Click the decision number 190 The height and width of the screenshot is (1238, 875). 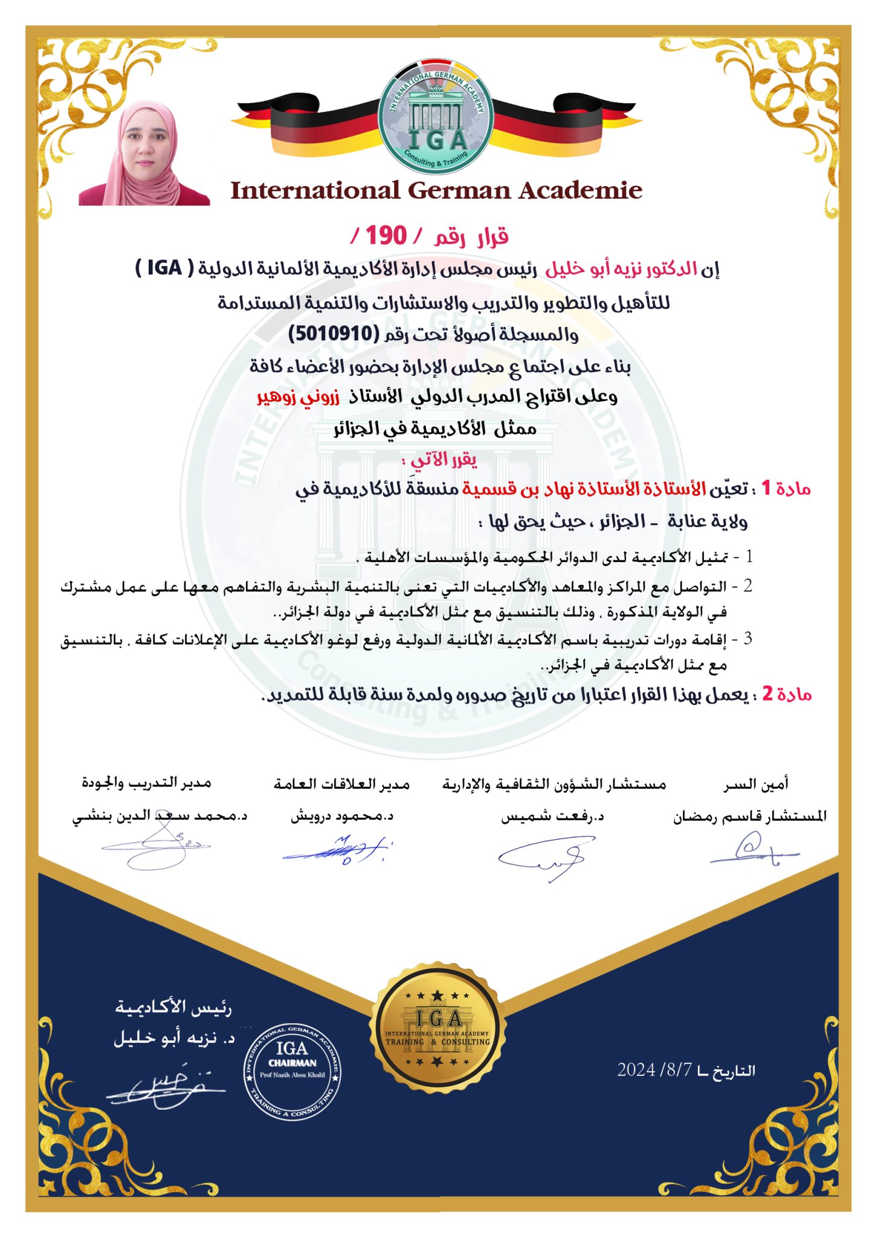click(x=386, y=236)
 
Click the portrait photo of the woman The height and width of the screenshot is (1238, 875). click(x=145, y=154)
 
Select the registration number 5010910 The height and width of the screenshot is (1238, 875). click(x=333, y=333)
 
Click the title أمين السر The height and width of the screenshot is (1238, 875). click(x=756, y=784)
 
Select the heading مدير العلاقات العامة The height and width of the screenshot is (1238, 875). click(x=341, y=784)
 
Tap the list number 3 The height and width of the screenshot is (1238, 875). click(x=747, y=638)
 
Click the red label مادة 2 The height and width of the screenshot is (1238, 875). click(x=786, y=694)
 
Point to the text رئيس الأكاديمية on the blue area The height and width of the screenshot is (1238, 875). click(x=173, y=1008)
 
